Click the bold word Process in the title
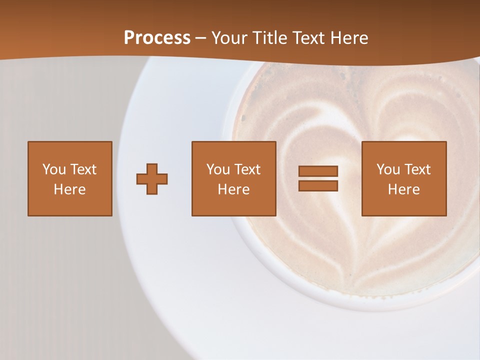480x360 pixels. click(157, 38)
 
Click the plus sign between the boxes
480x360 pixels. click(152, 179)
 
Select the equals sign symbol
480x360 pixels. click(318, 178)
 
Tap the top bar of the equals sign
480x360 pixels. click(318, 171)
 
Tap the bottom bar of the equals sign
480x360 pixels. click(318, 185)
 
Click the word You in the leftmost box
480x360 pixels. click(54, 169)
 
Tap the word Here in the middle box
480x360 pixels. click(234, 189)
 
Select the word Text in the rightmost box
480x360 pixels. click(417, 169)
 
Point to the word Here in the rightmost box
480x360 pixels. click(404, 189)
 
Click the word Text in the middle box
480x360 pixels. click(247, 169)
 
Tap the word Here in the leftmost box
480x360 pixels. click(70, 189)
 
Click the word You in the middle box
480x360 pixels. click(218, 169)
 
